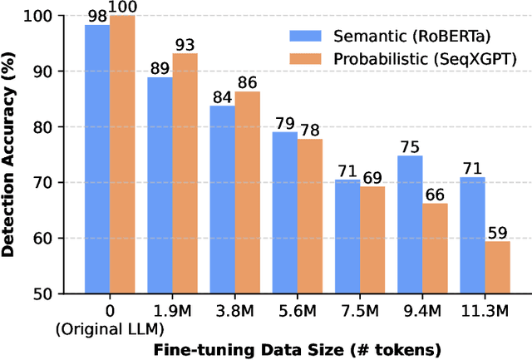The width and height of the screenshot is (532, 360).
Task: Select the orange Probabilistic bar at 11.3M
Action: [x=496, y=267]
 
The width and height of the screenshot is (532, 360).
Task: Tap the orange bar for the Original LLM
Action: [x=122, y=154]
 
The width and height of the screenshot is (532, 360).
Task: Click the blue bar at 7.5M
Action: [x=347, y=236]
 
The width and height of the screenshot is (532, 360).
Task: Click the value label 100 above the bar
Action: [x=122, y=8]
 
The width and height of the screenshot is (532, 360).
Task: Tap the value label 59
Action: [x=496, y=234]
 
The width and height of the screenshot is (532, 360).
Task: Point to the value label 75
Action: [x=432, y=148]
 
